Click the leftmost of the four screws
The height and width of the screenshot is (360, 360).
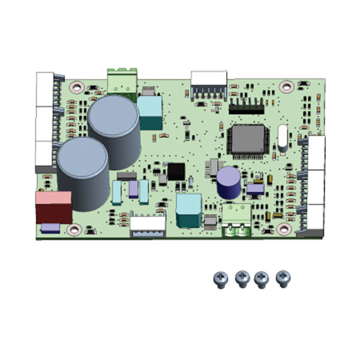[220, 278]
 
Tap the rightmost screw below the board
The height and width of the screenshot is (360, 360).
[283, 278]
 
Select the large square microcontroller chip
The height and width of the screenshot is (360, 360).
[247, 140]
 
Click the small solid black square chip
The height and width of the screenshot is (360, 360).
[176, 172]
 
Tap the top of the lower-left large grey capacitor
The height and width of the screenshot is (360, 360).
[83, 157]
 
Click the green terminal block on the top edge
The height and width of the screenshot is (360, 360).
[122, 79]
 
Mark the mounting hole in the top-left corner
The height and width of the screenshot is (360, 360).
[76, 86]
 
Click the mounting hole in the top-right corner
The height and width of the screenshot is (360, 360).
[286, 86]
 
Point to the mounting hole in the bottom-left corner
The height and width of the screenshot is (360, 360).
[74, 229]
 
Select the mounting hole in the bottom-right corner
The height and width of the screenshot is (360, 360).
[284, 229]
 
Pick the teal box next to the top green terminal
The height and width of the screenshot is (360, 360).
[149, 112]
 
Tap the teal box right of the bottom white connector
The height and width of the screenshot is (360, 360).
[189, 209]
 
